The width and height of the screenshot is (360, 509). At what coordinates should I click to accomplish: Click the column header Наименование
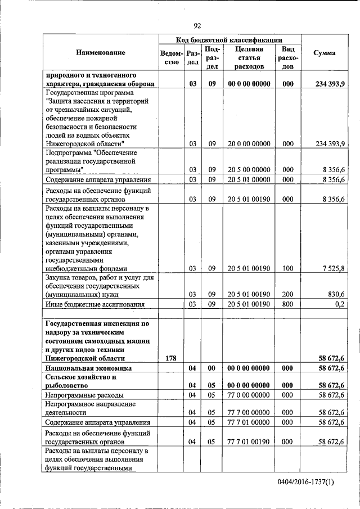(x=101, y=52)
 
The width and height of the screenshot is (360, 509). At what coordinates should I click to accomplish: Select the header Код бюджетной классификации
(x=229, y=40)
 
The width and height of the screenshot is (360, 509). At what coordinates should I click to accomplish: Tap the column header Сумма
(x=325, y=52)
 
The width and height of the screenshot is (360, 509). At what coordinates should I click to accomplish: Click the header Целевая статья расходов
(x=250, y=57)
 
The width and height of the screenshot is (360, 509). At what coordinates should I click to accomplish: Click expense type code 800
(x=288, y=304)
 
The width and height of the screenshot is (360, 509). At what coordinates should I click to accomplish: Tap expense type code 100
(x=288, y=269)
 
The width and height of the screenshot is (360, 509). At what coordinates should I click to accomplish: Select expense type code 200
(x=288, y=294)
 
